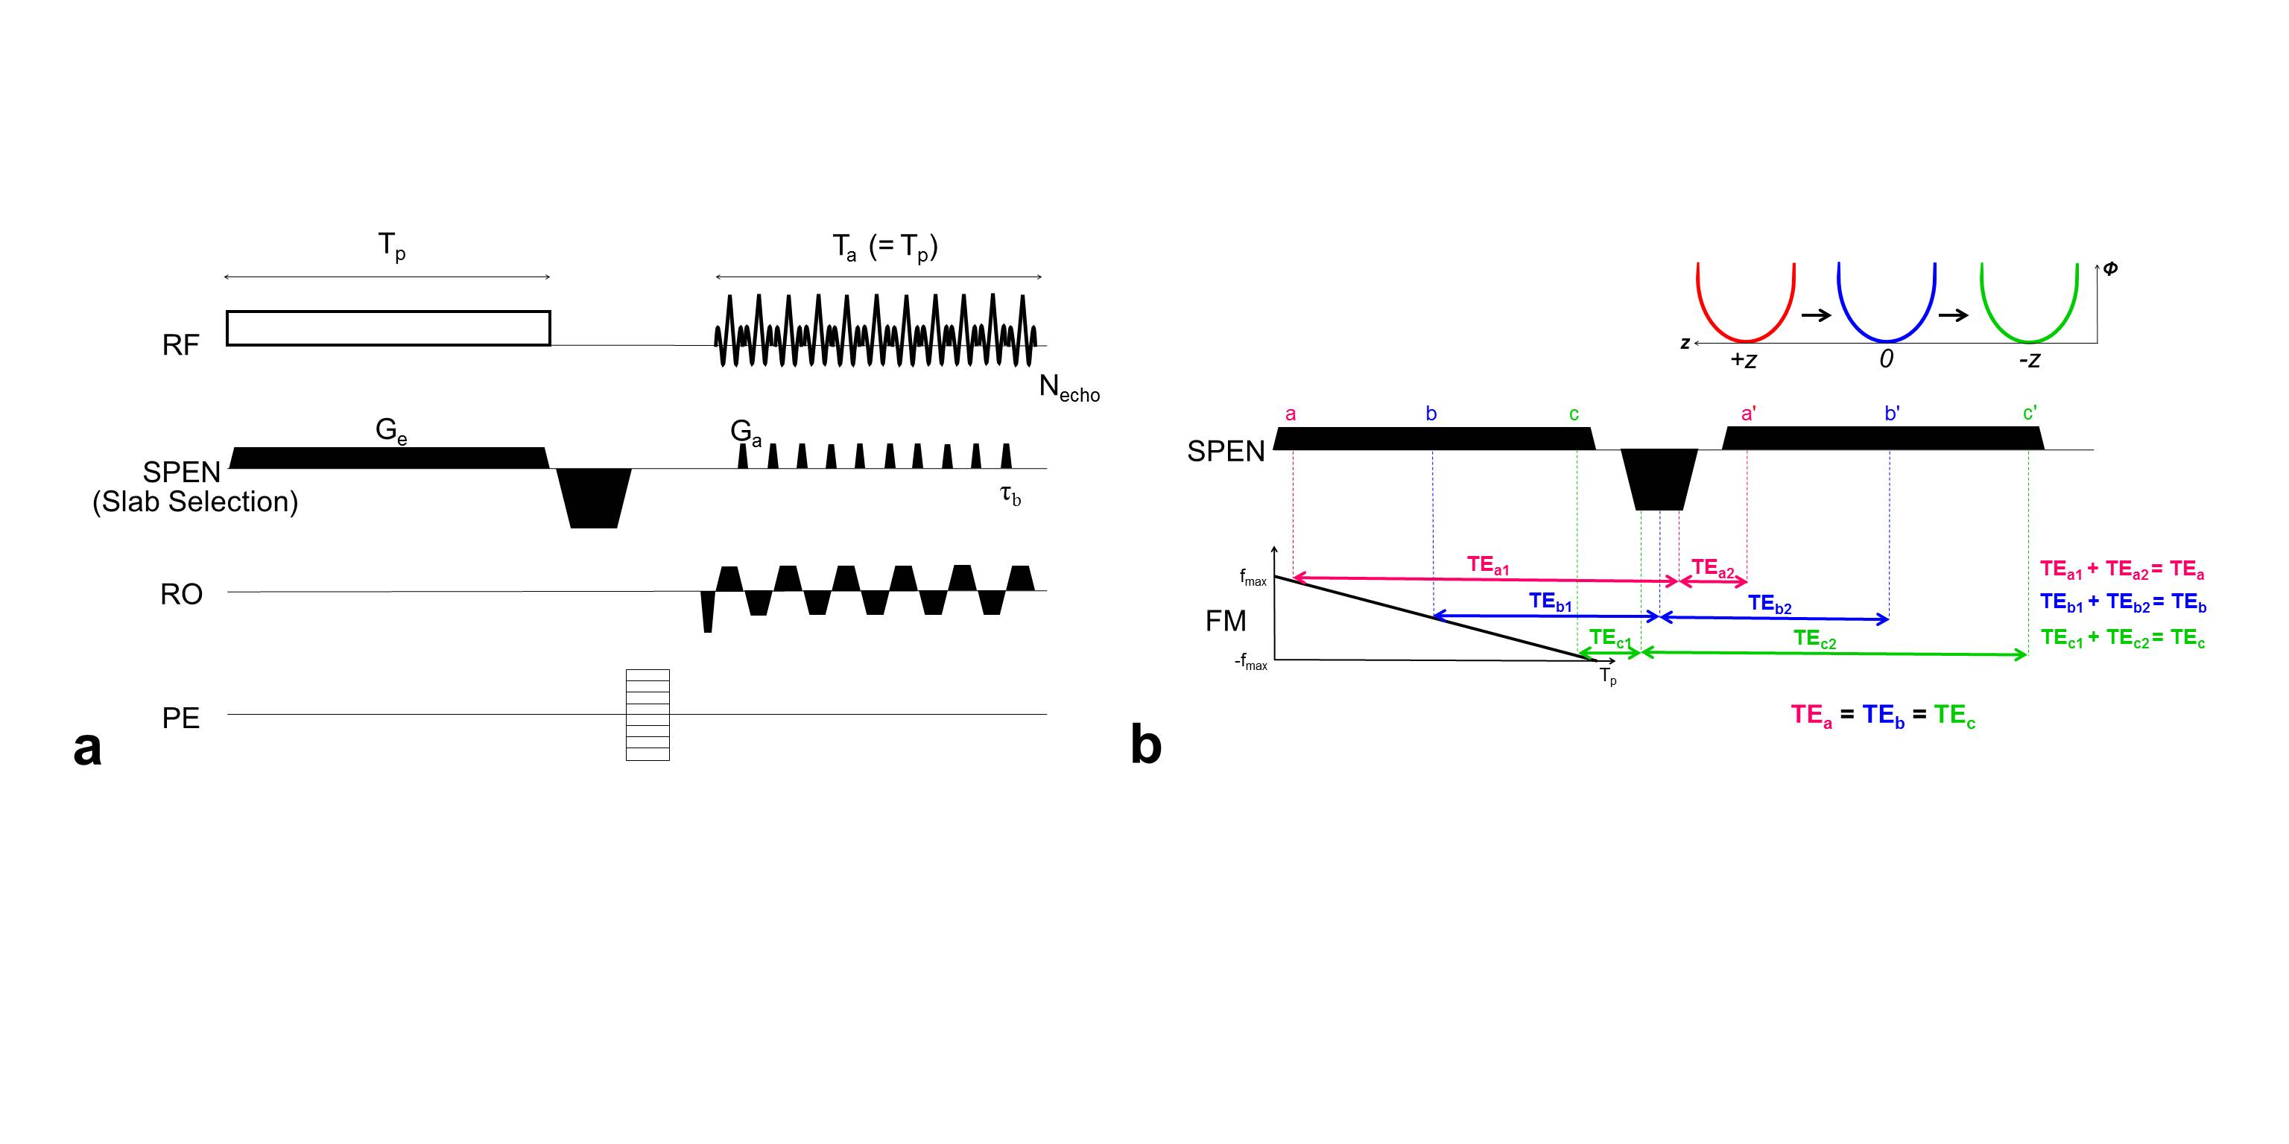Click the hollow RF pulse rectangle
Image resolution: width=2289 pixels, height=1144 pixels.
[x=387, y=328]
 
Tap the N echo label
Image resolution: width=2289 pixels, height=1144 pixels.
[x=1069, y=388]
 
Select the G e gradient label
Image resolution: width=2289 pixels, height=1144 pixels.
[x=391, y=431]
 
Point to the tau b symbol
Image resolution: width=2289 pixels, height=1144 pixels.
[x=1010, y=494]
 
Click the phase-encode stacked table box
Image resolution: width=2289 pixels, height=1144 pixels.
[x=648, y=715]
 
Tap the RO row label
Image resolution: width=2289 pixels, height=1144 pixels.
[x=181, y=594]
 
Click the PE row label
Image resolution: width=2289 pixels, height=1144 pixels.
[x=180, y=718]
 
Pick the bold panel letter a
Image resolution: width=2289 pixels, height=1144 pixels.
[x=87, y=748]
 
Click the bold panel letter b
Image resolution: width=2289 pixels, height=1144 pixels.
[x=1145, y=744]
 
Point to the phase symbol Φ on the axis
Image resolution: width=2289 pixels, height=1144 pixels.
[x=2110, y=268]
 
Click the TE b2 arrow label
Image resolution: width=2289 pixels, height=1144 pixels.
[x=1769, y=604]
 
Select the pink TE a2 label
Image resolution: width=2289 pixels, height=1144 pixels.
[x=1712, y=568]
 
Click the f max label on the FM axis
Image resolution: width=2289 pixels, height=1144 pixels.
[x=1253, y=578]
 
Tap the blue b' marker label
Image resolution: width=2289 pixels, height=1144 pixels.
[x=1892, y=414]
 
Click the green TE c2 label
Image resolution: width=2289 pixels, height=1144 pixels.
[x=1814, y=639]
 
